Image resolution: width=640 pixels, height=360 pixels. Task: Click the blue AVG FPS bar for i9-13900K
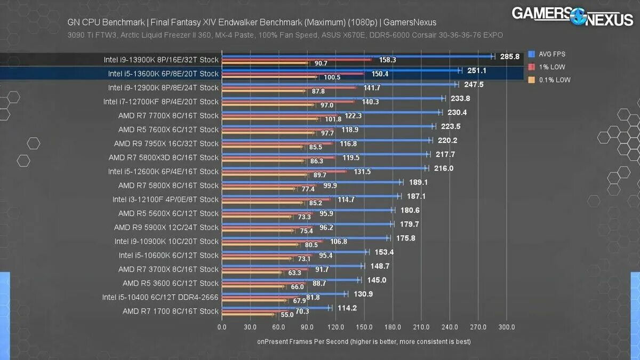(x=357, y=56)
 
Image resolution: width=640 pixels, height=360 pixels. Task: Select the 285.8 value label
(x=510, y=56)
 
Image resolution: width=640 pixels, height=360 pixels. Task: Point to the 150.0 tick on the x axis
(x=364, y=327)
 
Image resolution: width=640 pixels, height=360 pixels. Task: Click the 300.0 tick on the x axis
(x=507, y=327)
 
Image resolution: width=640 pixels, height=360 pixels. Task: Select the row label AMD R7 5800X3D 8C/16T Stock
(x=164, y=157)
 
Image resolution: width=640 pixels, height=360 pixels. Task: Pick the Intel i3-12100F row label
(x=165, y=199)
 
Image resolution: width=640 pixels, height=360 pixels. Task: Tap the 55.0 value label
(x=287, y=315)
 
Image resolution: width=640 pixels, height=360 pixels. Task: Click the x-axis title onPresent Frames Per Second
(x=364, y=341)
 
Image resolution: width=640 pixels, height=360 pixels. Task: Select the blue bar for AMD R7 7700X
(x=331, y=112)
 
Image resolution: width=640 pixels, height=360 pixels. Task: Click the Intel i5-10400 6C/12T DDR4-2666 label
(x=161, y=297)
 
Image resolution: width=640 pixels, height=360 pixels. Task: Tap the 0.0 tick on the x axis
(x=222, y=327)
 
